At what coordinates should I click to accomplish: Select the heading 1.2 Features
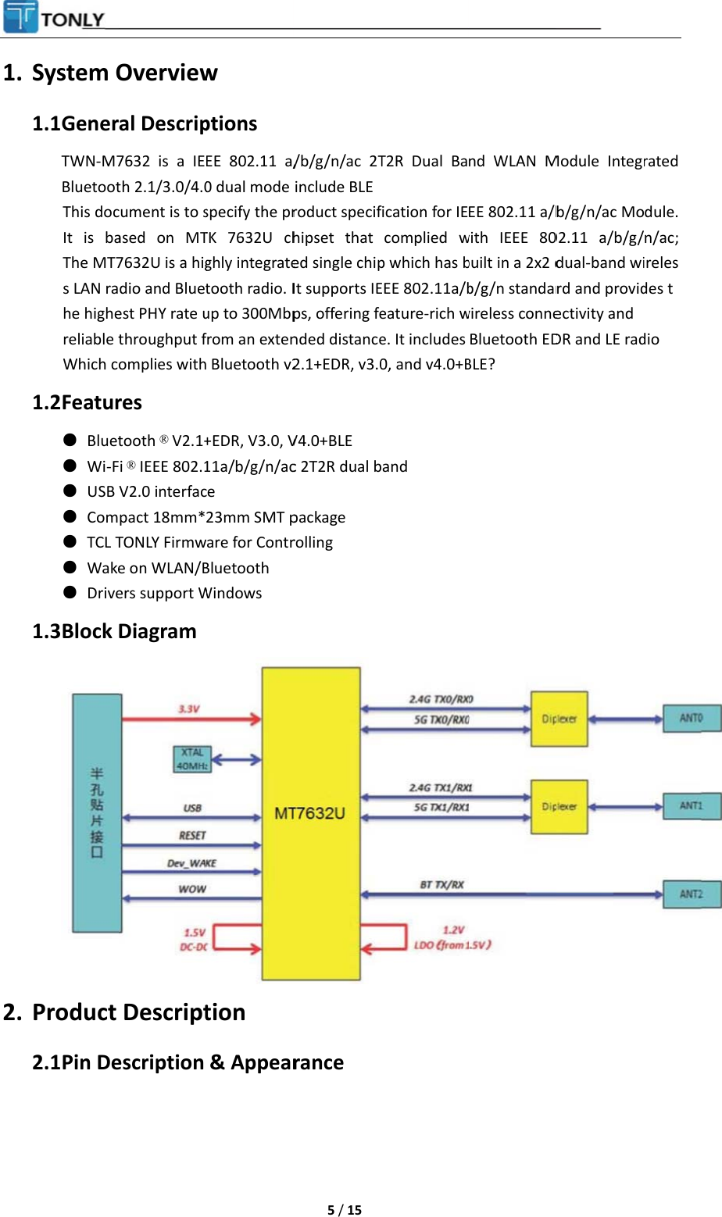coord(87,402)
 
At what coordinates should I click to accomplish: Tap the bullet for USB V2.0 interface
coord(70,491)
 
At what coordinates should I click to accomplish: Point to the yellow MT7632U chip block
coord(310,823)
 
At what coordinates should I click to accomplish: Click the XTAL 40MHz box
coord(191,758)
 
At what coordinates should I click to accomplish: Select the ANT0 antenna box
coord(692,718)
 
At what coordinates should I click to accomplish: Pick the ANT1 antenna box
coord(692,805)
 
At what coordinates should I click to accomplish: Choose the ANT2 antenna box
coord(692,894)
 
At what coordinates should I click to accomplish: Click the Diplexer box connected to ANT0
coord(559,719)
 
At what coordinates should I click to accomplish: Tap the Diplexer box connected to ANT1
coord(559,807)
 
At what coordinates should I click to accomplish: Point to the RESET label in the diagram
coord(192,835)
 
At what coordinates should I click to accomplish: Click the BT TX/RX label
coord(441,884)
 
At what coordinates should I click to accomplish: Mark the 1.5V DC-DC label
coord(194,939)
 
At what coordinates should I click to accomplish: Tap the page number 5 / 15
coord(344,1210)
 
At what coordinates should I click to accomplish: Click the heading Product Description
coord(138,1012)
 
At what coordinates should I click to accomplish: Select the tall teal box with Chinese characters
coord(97,812)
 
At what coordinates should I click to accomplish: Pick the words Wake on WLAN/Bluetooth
coord(177,568)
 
